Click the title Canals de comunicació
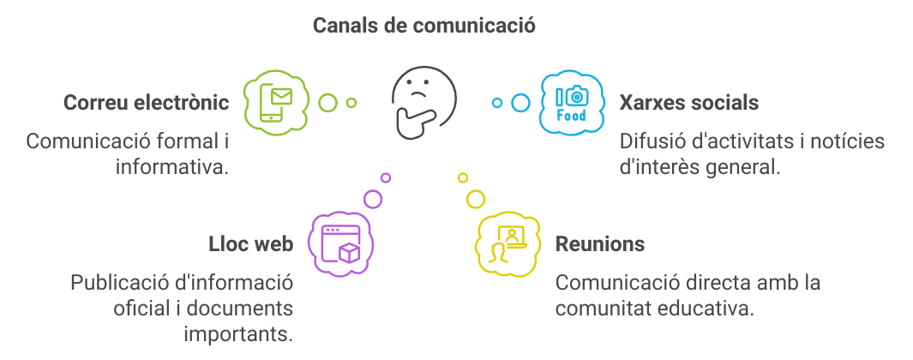click(423, 26)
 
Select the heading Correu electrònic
click(147, 103)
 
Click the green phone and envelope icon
click(275, 104)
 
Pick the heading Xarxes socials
click(688, 103)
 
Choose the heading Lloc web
click(250, 244)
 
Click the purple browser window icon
click(339, 243)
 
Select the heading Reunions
click(600, 244)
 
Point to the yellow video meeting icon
click(507, 243)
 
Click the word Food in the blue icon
click(572, 116)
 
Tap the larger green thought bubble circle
click(327, 103)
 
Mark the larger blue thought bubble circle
click(520, 103)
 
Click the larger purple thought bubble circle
click(373, 199)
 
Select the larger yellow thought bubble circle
click(475, 199)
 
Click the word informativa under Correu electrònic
click(172, 165)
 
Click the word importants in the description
click(238, 332)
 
